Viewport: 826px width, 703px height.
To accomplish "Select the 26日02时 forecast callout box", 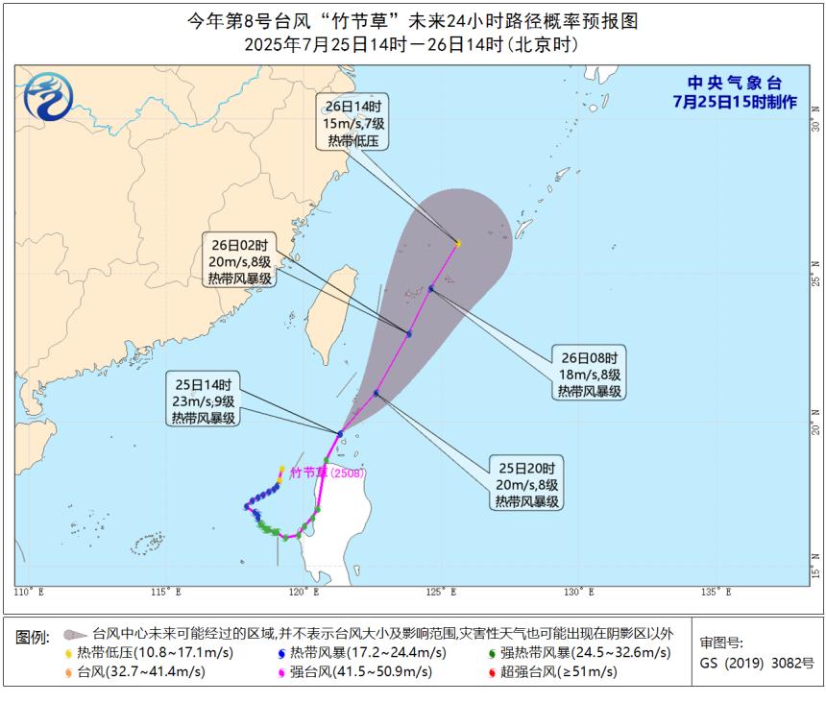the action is pyautogui.click(x=239, y=259).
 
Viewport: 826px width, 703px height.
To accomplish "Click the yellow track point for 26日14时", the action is pyautogui.click(x=458, y=244).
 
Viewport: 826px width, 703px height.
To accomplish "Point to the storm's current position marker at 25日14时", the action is pyautogui.click(x=340, y=433).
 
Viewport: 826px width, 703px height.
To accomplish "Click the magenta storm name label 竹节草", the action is pyautogui.click(x=309, y=472).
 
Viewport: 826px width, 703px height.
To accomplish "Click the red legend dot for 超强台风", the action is pyautogui.click(x=493, y=672).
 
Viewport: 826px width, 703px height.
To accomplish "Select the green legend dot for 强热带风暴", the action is pyautogui.click(x=493, y=653).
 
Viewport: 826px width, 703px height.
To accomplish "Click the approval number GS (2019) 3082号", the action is pyautogui.click(x=757, y=663).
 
